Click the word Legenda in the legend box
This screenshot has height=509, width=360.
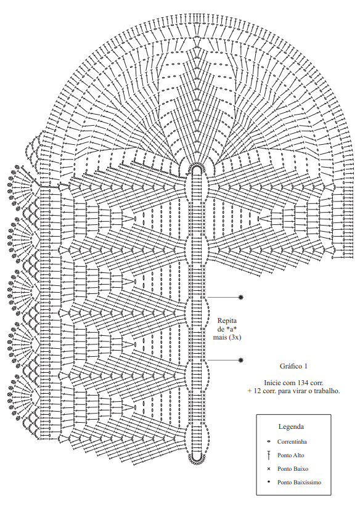point(291,426)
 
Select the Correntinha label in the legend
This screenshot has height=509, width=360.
point(292,442)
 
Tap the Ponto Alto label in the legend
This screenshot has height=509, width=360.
point(290,455)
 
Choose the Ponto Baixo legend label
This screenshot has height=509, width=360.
point(292,469)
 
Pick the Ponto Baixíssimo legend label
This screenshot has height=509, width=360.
point(299,483)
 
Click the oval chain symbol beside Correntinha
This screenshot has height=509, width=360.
point(268,442)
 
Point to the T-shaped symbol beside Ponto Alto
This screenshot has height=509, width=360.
point(268,455)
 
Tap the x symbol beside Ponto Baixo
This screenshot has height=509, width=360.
point(268,469)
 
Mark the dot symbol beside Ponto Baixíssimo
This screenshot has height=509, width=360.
point(268,482)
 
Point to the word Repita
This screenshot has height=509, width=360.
point(227,320)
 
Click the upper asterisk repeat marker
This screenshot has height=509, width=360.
point(240,297)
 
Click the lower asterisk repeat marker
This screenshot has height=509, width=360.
point(240,360)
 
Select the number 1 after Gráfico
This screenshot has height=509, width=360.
point(306,366)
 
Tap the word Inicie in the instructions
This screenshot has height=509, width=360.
point(272,383)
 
